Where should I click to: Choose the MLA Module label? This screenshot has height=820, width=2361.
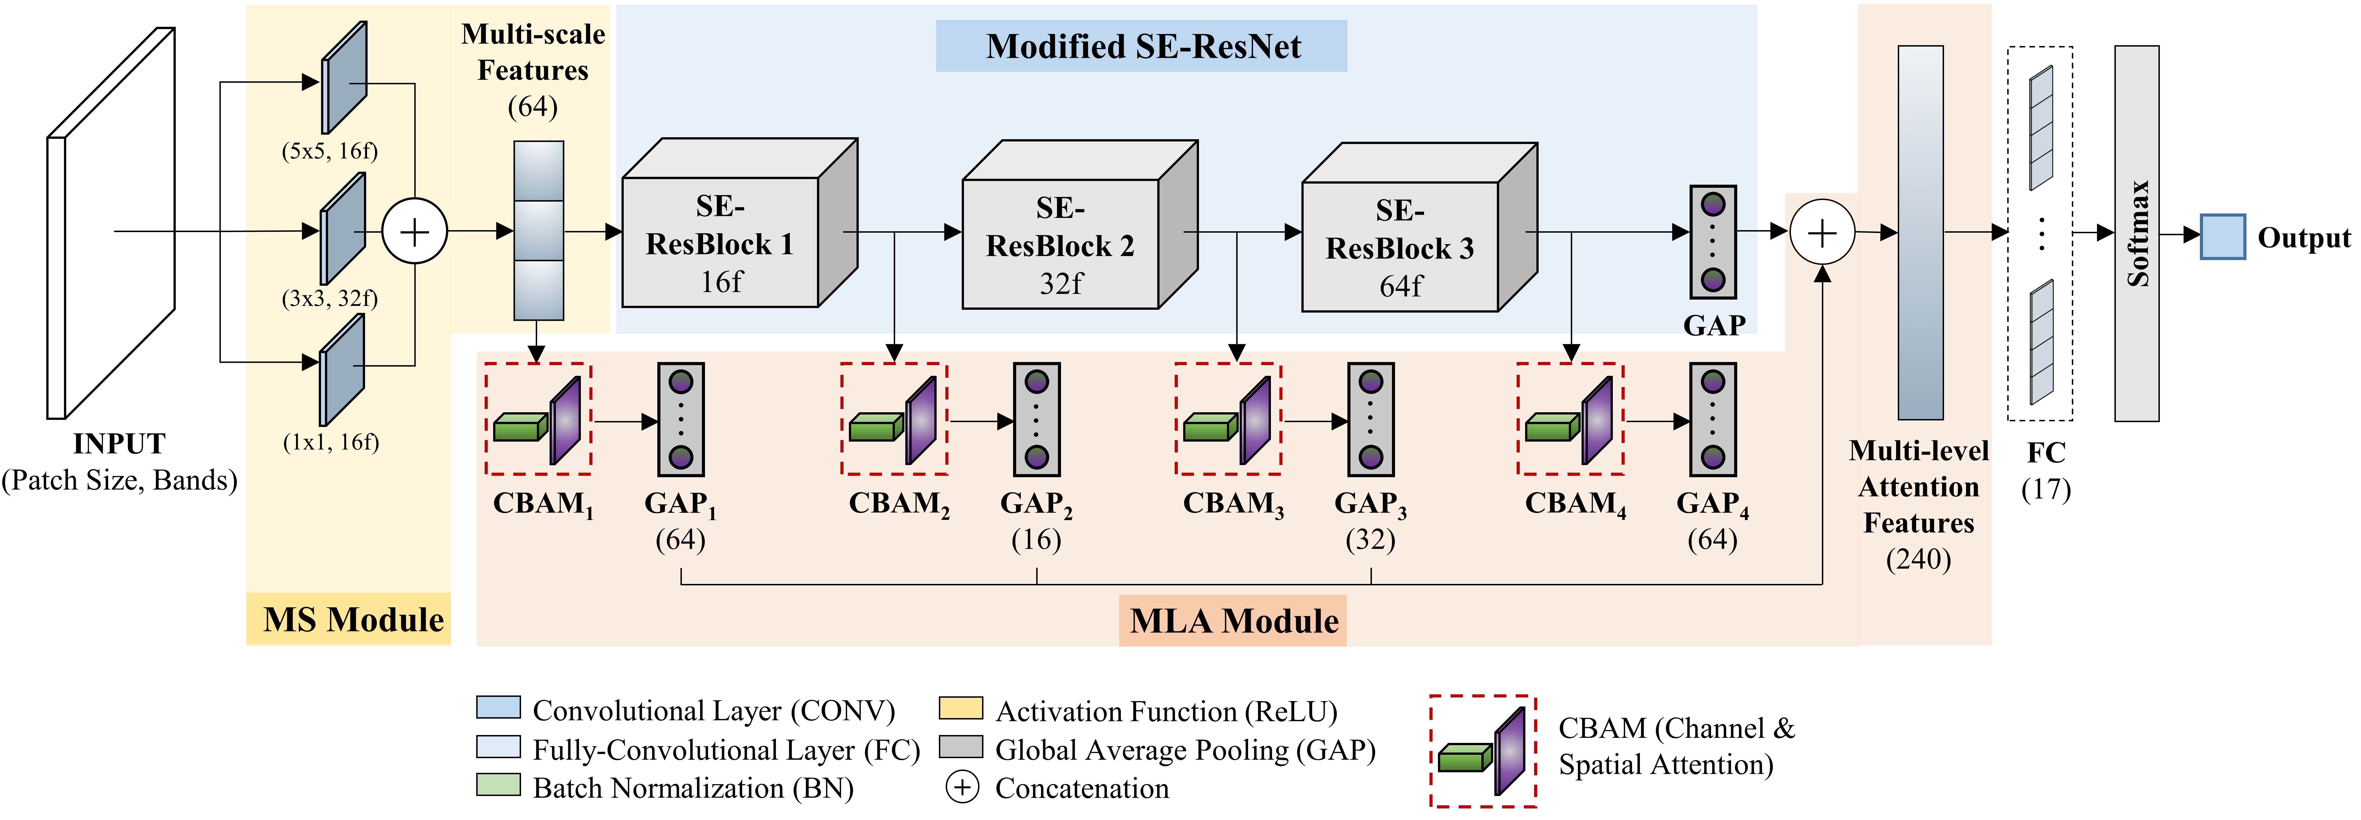click(x=1233, y=621)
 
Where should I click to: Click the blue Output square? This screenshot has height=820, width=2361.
click(x=2222, y=237)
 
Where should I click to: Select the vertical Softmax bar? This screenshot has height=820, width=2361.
click(x=2136, y=234)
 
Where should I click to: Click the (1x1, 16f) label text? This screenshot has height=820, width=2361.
click(x=331, y=442)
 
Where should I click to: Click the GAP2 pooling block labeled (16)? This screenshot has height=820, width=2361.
click(x=1036, y=419)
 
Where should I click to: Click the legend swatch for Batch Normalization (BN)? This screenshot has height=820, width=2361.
click(x=498, y=785)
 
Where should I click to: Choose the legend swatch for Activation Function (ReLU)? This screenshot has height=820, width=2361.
click(x=961, y=708)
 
